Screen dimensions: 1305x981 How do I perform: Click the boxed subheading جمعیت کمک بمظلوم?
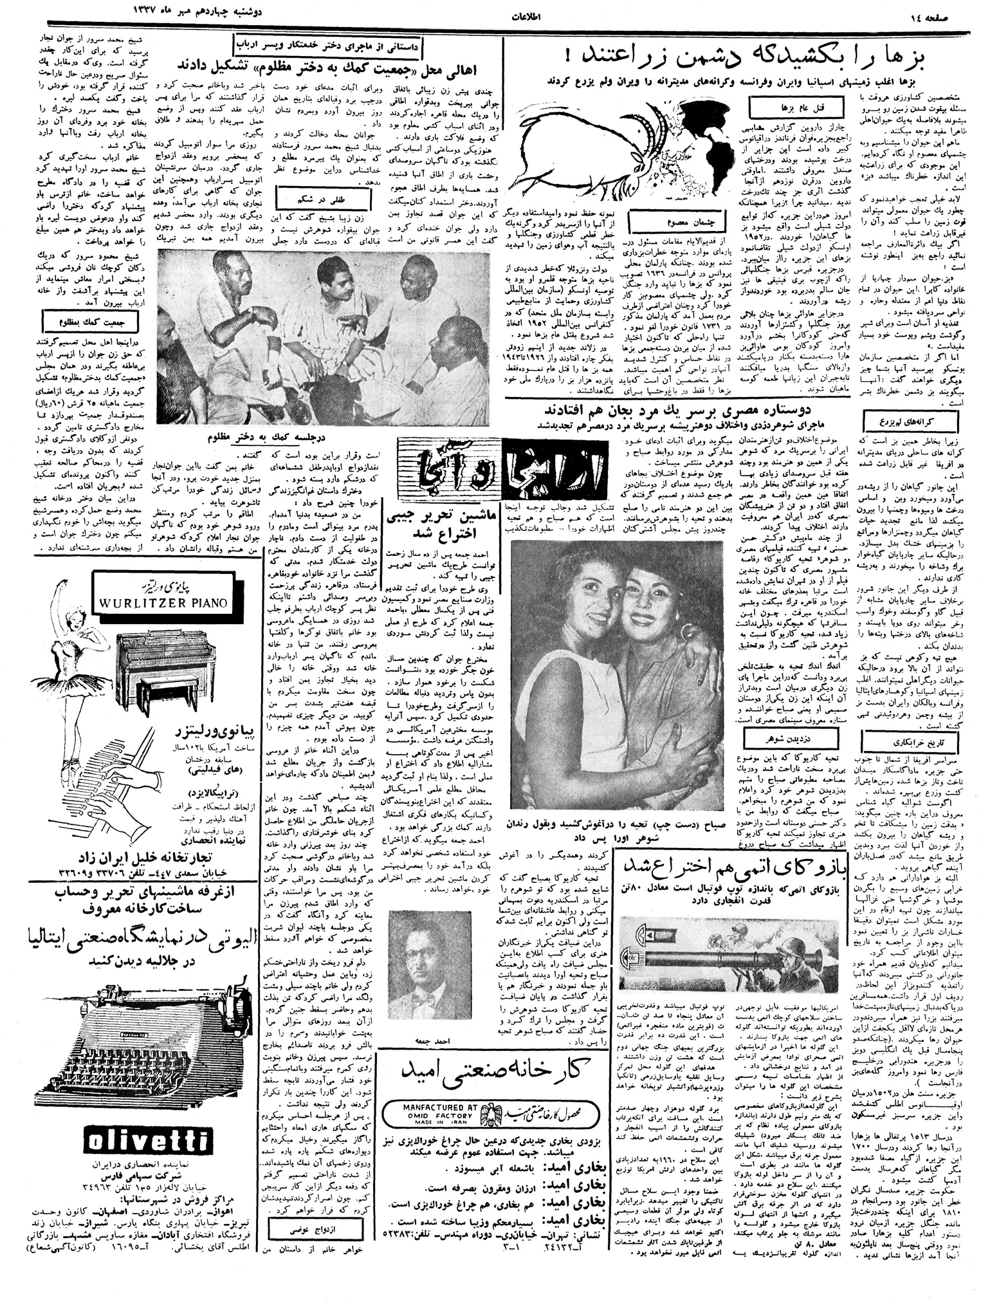coord(91,318)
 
